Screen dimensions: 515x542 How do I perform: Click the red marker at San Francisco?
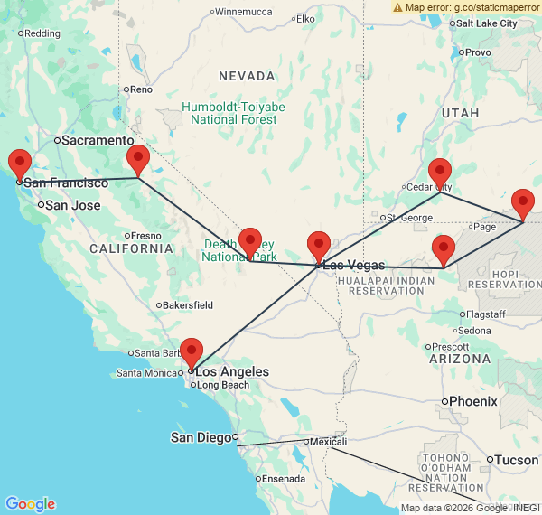coord(19,164)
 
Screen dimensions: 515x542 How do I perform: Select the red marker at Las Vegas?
coord(319,246)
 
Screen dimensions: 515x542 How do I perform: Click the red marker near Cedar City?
coord(440,172)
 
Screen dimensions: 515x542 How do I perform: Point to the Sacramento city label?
coord(98,140)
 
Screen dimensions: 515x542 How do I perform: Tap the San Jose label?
coord(73,205)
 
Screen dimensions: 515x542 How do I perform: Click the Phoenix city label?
coord(473,400)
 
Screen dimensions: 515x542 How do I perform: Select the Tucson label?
coord(517,460)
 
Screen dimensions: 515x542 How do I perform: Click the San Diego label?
coord(201,437)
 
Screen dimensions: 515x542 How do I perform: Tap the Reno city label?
coord(142,89)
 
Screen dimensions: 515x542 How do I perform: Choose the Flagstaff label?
coord(486,314)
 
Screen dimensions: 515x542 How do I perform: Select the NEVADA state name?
coord(246,76)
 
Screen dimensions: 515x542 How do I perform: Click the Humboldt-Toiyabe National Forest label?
coord(233,113)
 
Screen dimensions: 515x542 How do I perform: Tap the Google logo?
coord(30,504)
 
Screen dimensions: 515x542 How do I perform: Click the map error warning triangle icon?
coord(398,7)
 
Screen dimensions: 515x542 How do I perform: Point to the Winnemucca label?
coord(244,12)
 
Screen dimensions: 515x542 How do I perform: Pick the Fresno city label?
coord(145,235)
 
